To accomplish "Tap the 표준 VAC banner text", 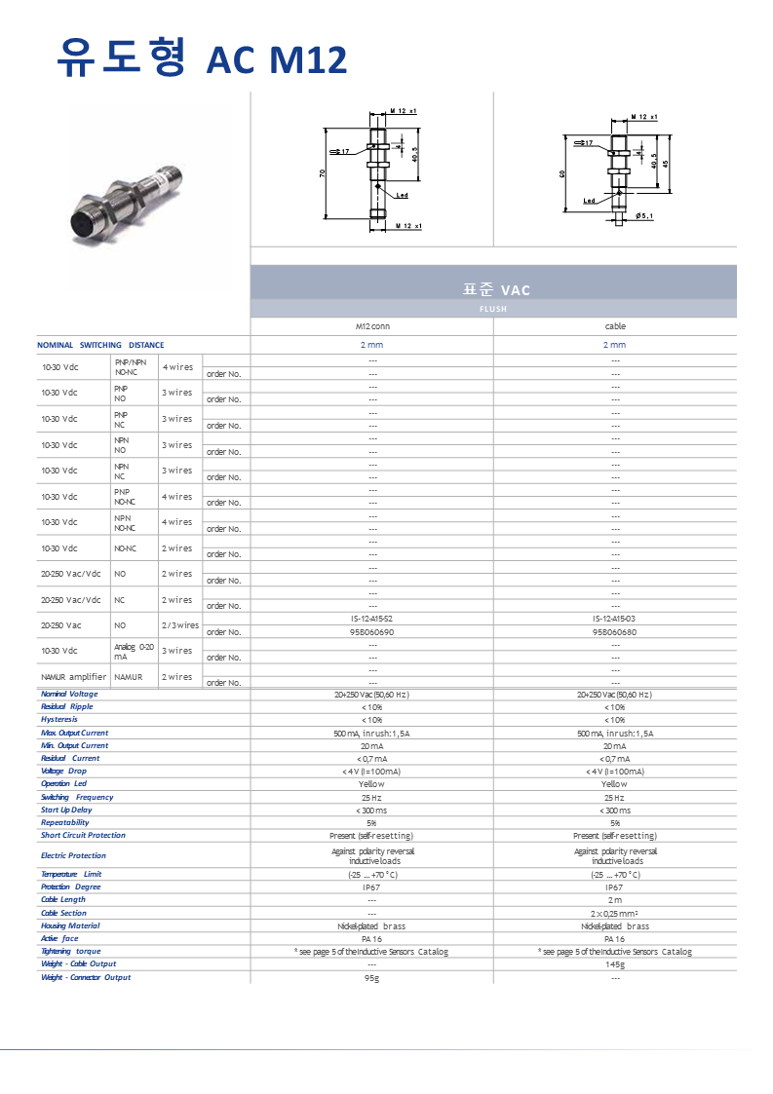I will click(496, 289).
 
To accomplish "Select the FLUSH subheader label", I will click(493, 309).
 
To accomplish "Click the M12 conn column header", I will click(371, 326).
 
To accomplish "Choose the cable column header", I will click(615, 326).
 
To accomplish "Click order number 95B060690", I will click(371, 631).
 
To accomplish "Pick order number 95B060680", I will click(615, 631).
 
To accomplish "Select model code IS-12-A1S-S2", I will click(371, 619).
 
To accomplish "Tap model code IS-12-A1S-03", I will click(615, 619).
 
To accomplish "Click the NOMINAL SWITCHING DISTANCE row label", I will click(100, 345).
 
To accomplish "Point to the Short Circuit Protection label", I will click(83, 835).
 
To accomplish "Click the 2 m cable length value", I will click(615, 899).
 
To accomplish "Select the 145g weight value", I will click(615, 963).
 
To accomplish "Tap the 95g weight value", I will click(371, 977).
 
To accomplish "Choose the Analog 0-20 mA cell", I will click(134, 651).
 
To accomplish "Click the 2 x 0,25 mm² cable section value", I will click(615, 913).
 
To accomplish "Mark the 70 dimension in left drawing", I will click(322, 172).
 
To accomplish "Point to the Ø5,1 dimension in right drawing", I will click(644, 216).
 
